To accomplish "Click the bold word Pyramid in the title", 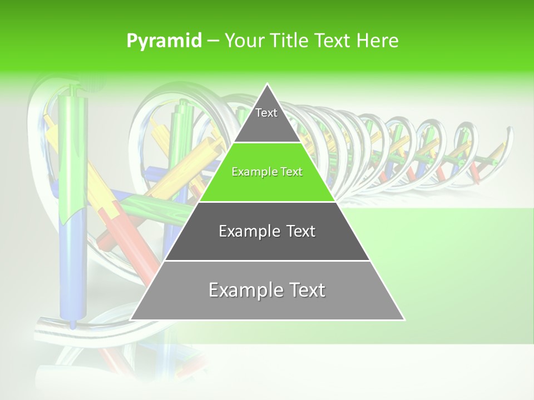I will coord(164,41).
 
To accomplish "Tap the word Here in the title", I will coord(378,41).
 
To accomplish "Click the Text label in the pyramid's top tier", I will coord(266,113).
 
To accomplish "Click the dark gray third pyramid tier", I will coord(267,244).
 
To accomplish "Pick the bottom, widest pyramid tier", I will coord(267,306).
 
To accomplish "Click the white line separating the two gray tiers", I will coord(267,261).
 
